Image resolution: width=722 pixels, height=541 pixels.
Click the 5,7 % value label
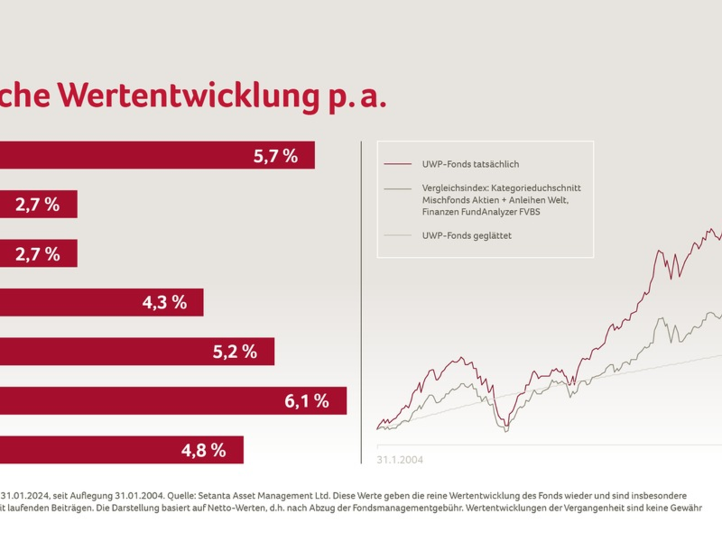click(x=276, y=156)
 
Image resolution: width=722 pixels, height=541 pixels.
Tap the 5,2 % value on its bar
click(x=235, y=352)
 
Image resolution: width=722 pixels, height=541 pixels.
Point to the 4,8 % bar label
click(x=203, y=450)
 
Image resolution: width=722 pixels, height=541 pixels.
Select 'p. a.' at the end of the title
click(x=357, y=96)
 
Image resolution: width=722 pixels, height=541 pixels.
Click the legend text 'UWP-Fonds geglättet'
click(x=467, y=236)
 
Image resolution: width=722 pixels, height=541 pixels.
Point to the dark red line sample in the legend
click(x=398, y=164)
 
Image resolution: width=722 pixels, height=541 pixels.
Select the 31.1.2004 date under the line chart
click(x=400, y=460)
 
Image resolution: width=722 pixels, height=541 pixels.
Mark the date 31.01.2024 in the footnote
click(x=25, y=497)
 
